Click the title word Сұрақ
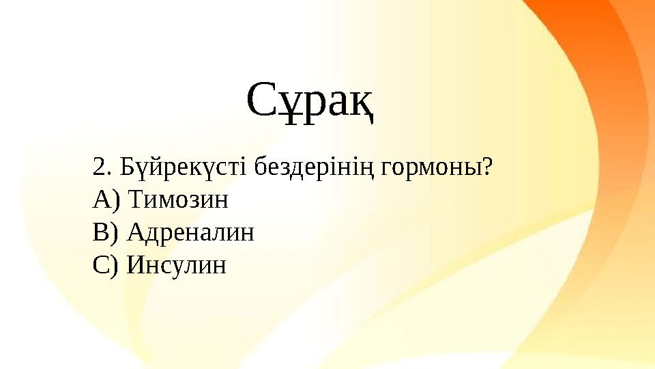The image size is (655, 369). [x=310, y=102]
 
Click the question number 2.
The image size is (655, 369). [x=98, y=166]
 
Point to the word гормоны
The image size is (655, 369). [x=431, y=167]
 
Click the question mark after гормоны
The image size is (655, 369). [x=487, y=166]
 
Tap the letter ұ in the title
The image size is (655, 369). [x=291, y=107]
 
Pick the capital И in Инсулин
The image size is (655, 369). [x=136, y=265]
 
